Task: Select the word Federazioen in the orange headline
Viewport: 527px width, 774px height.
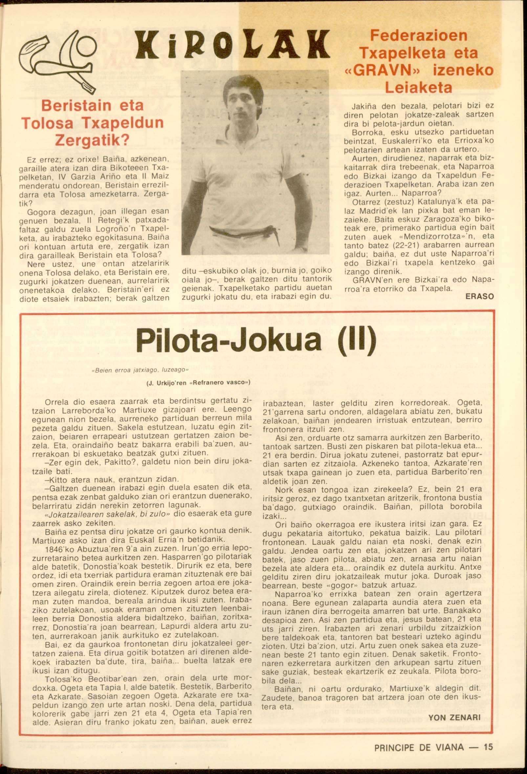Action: point(418,35)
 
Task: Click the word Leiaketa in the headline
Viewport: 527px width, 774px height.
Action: point(419,87)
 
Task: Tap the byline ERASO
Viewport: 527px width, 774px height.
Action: point(479,296)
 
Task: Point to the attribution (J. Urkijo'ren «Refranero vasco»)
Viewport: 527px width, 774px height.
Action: point(198,382)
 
